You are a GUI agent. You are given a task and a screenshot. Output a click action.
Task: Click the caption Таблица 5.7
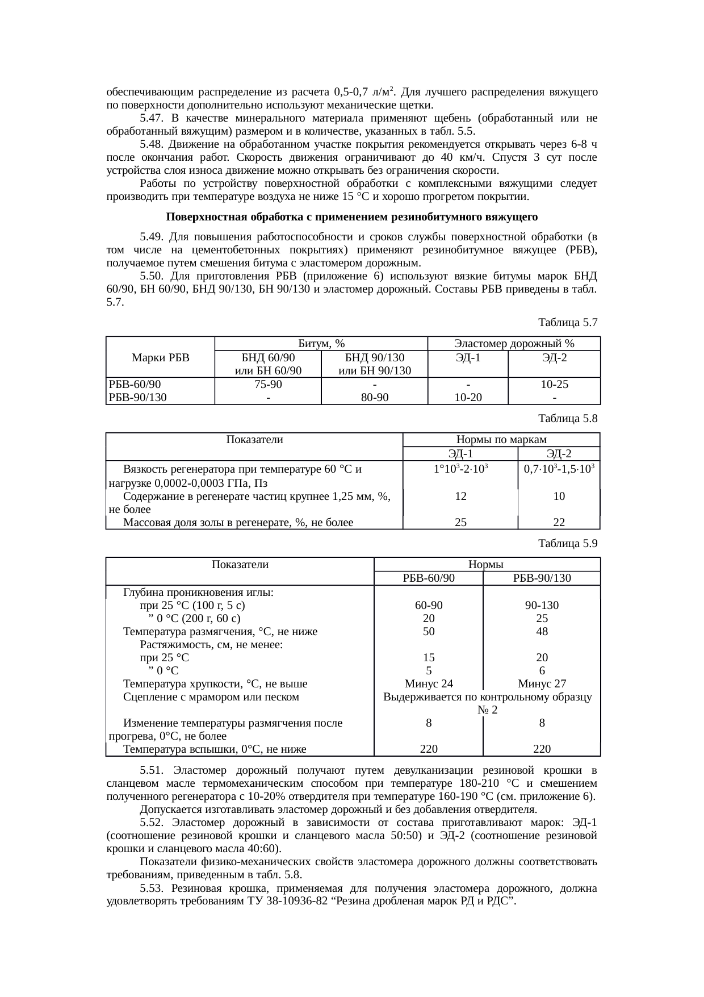(x=568, y=323)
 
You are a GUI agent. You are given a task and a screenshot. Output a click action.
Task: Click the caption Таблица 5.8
(x=568, y=419)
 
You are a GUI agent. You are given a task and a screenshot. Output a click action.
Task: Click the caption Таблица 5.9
(x=568, y=544)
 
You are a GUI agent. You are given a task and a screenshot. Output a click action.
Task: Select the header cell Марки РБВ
(x=160, y=358)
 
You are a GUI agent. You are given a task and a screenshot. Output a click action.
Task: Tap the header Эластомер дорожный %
(x=514, y=343)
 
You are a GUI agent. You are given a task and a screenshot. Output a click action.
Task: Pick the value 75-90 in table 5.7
(x=268, y=385)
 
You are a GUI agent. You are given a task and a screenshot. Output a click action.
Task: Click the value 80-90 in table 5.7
(x=374, y=398)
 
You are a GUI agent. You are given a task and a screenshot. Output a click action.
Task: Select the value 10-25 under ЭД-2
(x=555, y=385)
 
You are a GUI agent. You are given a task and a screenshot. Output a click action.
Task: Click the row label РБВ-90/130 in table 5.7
(x=137, y=398)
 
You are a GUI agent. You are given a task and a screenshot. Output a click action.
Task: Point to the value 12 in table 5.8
(x=461, y=496)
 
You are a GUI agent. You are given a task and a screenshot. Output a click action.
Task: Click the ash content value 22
(x=559, y=523)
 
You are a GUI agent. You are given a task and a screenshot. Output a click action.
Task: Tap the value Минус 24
(x=429, y=684)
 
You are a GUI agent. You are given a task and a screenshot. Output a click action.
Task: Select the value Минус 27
(x=542, y=684)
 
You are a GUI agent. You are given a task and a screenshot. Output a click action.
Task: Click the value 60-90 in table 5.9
(x=429, y=606)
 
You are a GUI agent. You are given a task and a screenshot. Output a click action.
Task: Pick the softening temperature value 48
(x=542, y=632)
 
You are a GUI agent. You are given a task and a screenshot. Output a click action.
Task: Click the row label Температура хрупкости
(x=216, y=684)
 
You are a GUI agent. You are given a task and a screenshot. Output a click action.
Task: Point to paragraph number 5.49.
(x=152, y=236)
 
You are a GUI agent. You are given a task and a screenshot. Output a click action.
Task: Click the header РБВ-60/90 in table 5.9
(x=429, y=578)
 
